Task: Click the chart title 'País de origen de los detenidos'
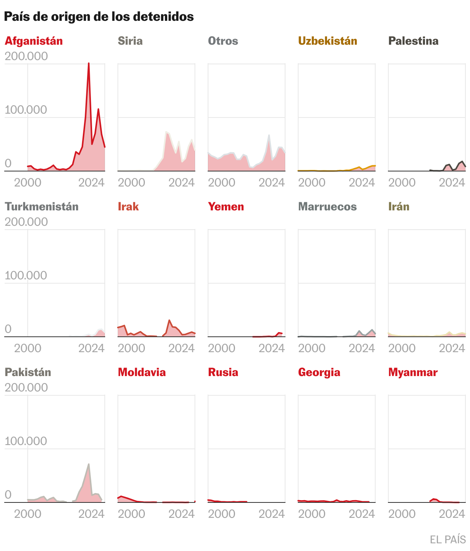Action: [99, 17]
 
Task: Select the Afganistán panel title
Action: [34, 41]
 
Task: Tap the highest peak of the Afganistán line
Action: [89, 63]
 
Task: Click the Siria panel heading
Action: [130, 41]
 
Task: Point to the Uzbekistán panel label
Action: [327, 41]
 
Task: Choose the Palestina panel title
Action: [413, 41]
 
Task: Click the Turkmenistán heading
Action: [42, 207]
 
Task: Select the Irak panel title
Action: [128, 207]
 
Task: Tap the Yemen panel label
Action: [226, 207]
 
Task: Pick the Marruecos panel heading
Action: [327, 207]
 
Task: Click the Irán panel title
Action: [399, 207]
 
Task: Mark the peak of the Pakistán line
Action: [89, 464]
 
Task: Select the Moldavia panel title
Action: [142, 372]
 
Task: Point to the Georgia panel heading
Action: [319, 372]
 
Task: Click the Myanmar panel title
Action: [413, 372]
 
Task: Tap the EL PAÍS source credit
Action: [448, 539]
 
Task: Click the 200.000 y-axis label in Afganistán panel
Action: [26, 56]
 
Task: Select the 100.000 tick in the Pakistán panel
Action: [26, 441]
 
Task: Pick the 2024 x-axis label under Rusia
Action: [272, 514]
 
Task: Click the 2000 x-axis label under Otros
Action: [222, 182]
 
